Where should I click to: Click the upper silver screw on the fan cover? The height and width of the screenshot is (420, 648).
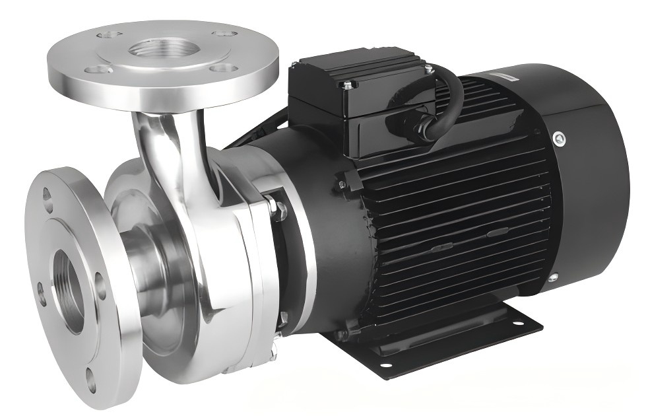click(560, 137)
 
